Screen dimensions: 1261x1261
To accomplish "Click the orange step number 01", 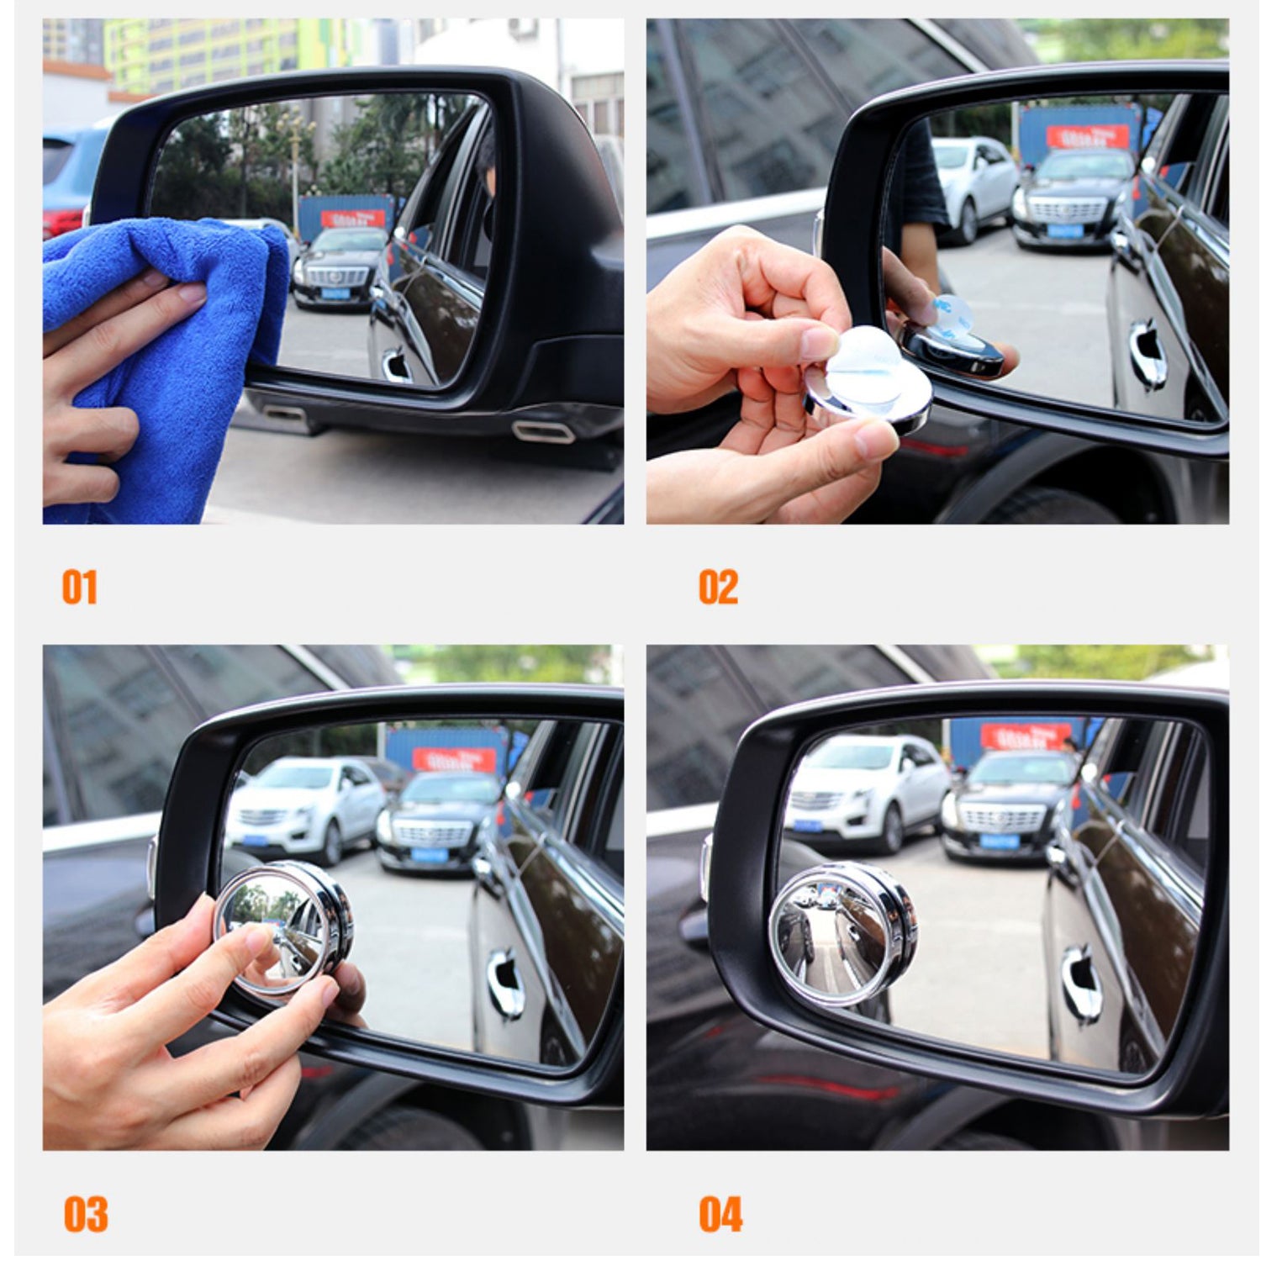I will coord(79,587).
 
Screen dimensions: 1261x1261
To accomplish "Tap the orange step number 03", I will coord(85,1214).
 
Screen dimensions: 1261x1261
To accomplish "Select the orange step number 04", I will coord(720,1214).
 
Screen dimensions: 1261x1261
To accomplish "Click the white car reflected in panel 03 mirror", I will coord(303,807).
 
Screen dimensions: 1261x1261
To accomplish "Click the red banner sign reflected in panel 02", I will coord(1087,136).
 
